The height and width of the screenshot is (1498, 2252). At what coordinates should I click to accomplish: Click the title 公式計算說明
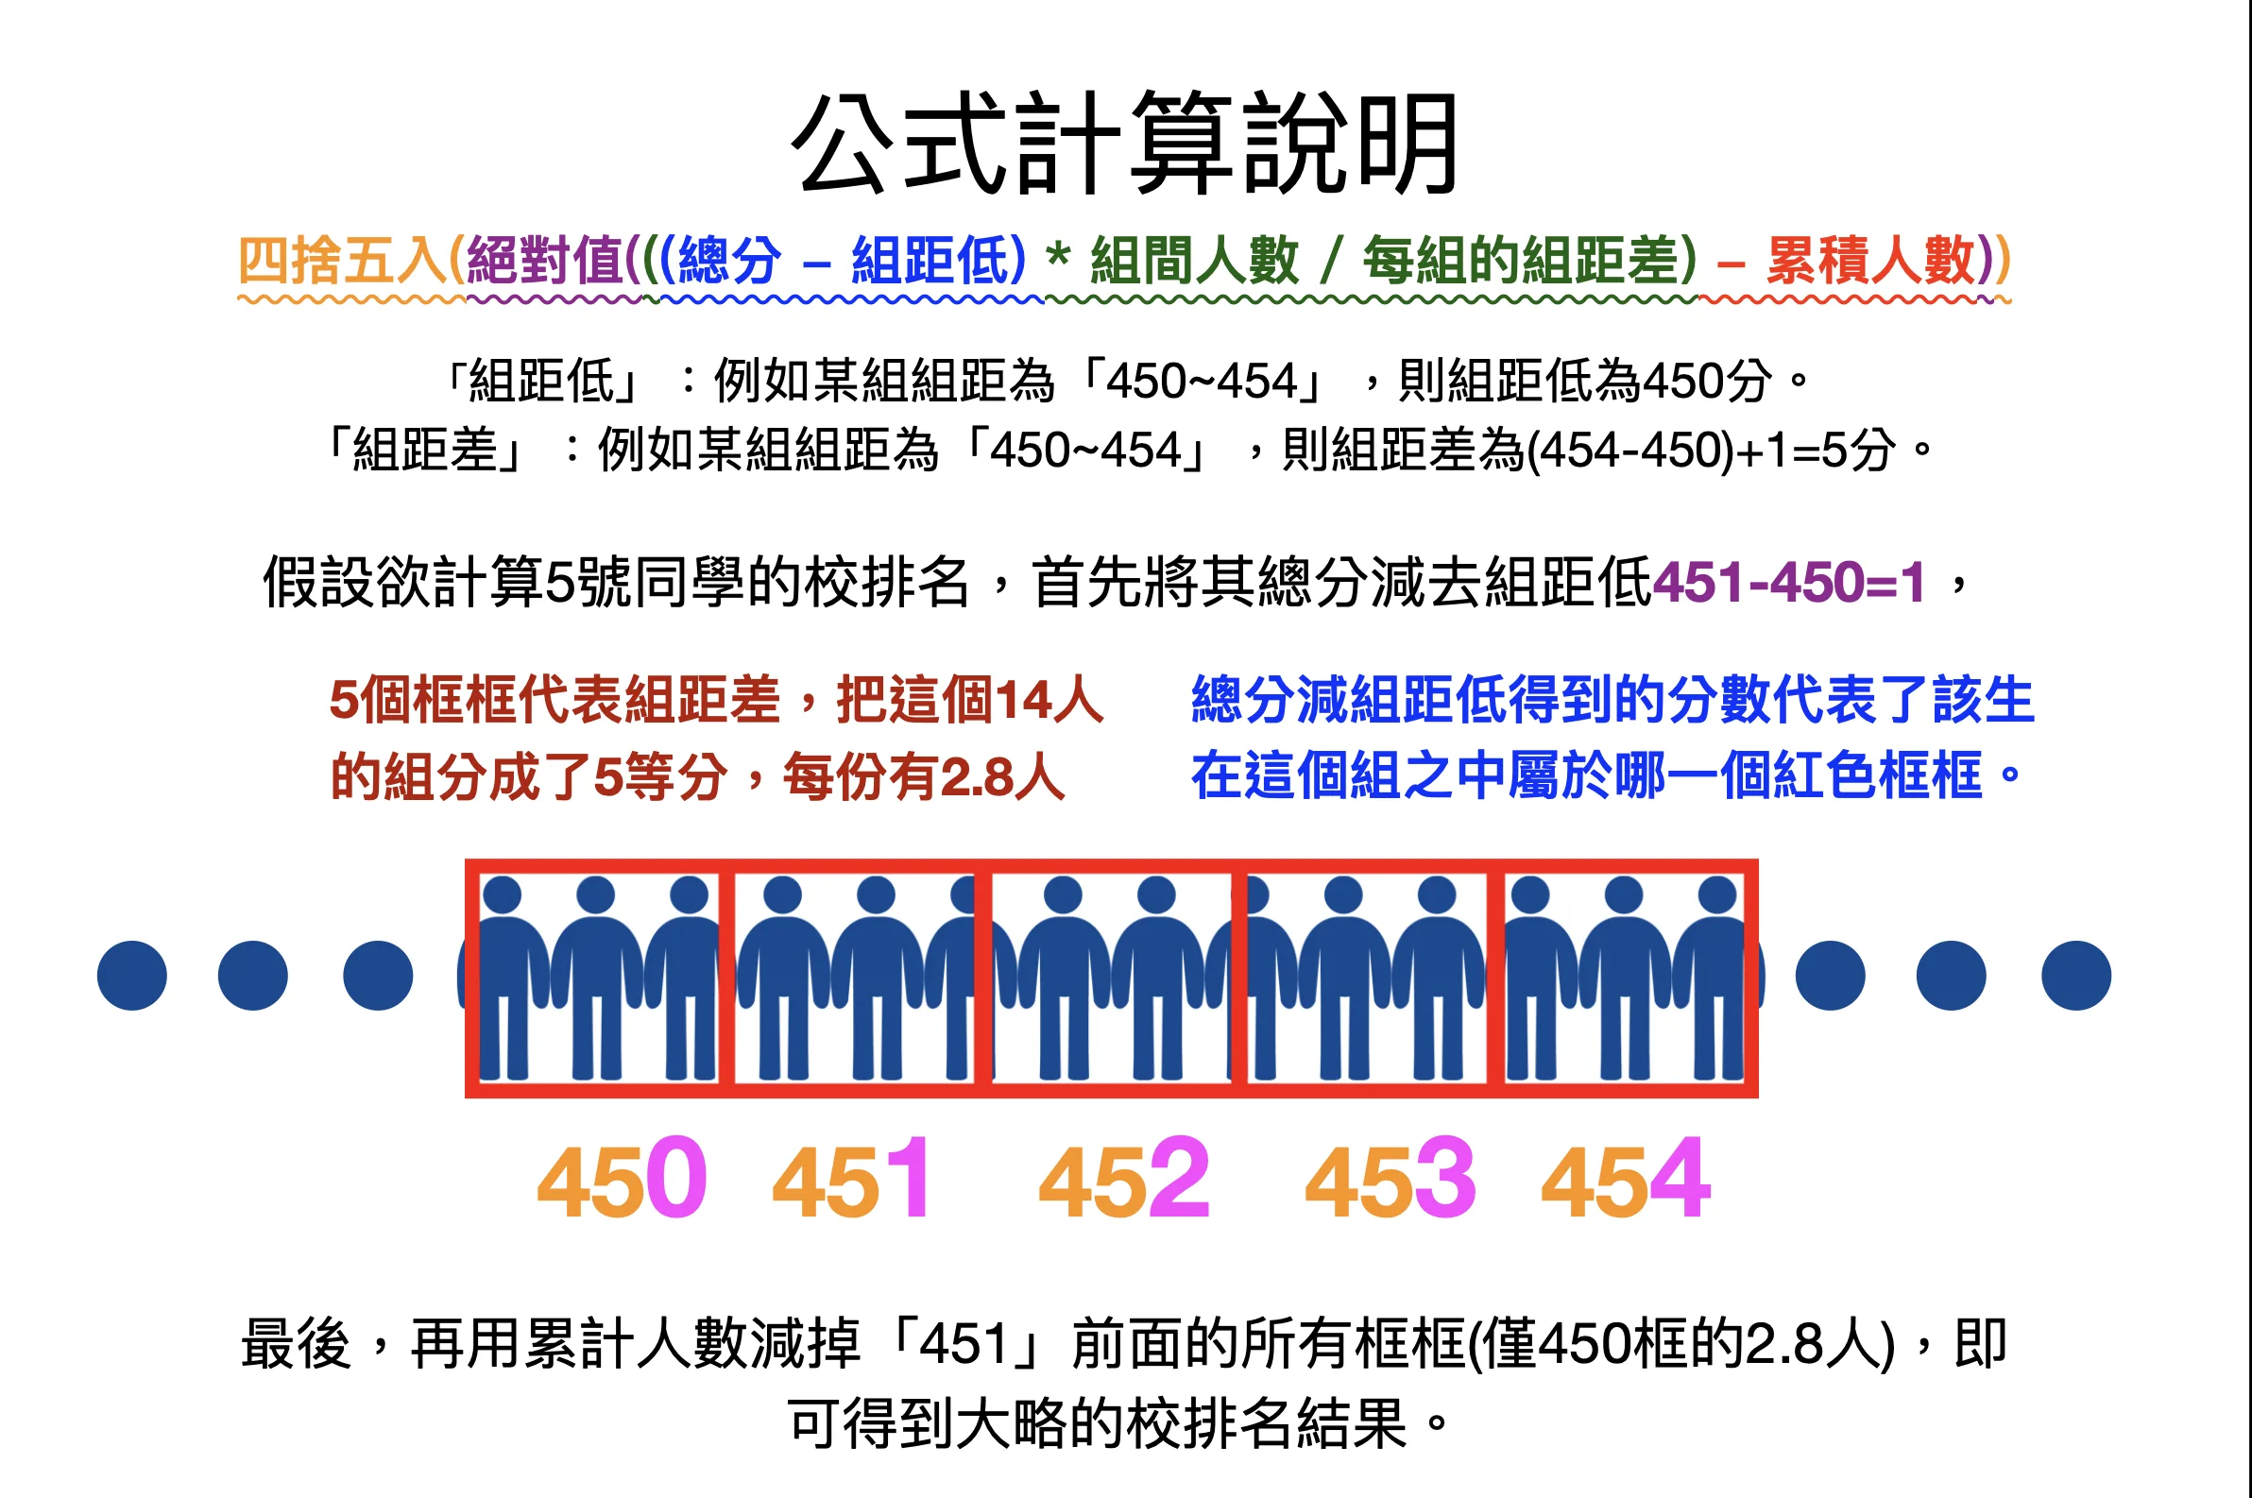(1124, 144)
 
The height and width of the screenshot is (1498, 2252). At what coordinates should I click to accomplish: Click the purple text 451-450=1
(1788, 582)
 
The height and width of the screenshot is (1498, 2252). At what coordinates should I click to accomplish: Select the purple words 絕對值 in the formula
(545, 260)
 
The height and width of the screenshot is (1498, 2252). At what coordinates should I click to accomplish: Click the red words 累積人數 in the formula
(1870, 260)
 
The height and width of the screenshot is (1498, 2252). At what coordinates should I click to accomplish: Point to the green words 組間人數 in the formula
(1194, 260)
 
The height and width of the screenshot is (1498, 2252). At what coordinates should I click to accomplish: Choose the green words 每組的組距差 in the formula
(1521, 260)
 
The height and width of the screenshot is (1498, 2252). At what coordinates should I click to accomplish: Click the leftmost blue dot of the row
(132, 976)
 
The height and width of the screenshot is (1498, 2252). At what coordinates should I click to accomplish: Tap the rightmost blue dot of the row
(2076, 976)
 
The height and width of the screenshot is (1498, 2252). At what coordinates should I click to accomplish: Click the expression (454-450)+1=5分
(1711, 450)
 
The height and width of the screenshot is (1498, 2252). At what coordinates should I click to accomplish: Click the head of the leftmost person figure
(503, 895)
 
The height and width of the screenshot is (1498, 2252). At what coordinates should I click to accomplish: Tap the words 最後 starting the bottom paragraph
(297, 1343)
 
